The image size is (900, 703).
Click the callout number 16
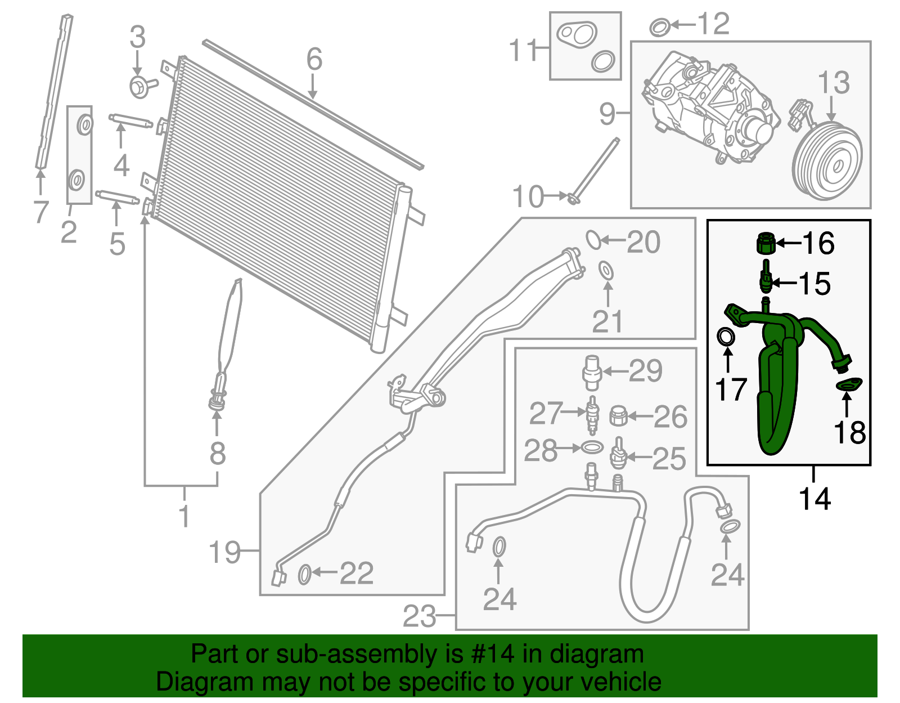818,243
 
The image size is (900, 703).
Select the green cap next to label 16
765,243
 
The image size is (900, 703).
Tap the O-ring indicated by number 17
726,337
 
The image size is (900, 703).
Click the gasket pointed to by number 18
849,386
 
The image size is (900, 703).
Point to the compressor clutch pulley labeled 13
827,162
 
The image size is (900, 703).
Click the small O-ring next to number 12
659,26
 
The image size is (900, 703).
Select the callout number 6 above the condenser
314,60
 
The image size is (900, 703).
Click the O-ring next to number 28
591,447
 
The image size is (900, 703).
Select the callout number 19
225,553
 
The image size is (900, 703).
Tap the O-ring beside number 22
304,575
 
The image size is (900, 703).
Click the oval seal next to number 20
593,239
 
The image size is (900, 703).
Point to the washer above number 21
606,270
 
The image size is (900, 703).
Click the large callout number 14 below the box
814,499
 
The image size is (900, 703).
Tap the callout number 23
420,616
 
